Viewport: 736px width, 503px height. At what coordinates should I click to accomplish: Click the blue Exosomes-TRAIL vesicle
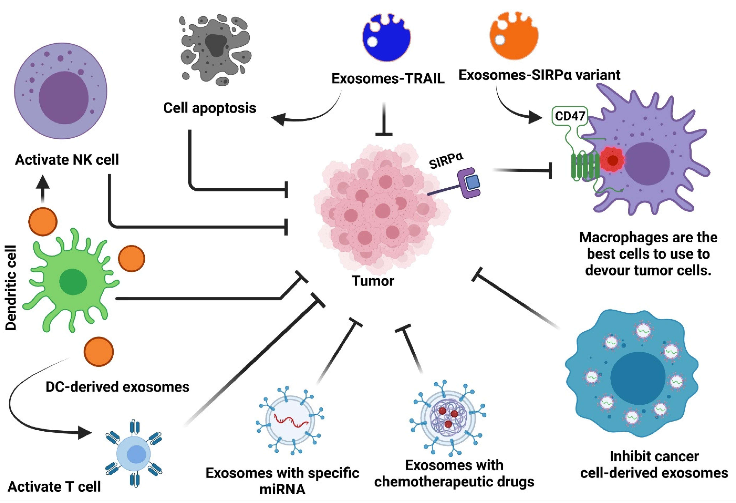pos(386,38)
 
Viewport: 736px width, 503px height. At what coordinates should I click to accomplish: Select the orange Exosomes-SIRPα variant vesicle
pos(514,36)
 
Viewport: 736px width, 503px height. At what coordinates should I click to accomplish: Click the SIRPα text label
pos(446,161)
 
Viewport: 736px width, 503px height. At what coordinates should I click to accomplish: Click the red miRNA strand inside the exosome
pos(291,421)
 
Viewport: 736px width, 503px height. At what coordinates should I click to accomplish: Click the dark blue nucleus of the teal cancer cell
pos(637,377)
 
